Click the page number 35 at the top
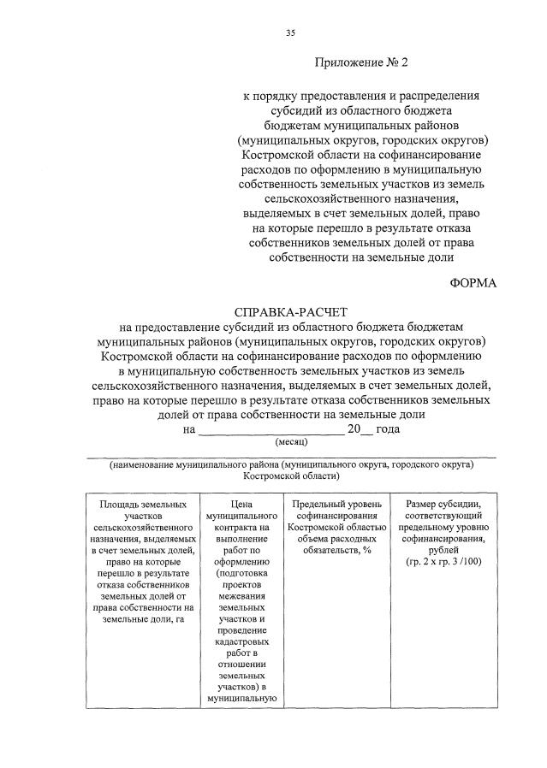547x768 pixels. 290,32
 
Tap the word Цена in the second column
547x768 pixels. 241,505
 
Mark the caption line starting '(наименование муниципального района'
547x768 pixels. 290,464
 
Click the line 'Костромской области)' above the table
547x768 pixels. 290,476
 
